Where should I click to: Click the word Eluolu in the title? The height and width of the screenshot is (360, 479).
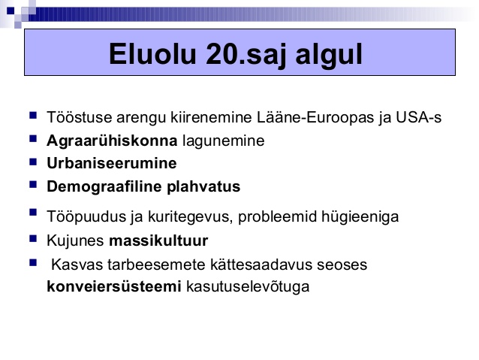152,54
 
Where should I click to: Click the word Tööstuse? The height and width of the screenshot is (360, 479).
80,117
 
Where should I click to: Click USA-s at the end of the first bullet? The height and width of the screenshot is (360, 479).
418,117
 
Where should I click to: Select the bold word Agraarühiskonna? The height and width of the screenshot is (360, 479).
112,141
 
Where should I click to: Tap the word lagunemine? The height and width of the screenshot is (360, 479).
223,141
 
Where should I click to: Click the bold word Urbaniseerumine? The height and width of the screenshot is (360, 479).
112,163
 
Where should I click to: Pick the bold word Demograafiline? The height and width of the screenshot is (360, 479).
104,187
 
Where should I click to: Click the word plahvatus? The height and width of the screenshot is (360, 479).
203,187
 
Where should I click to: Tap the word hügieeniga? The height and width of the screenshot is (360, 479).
360,217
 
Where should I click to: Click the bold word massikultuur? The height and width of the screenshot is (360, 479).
158,241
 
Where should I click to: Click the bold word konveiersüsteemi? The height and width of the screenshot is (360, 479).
114,286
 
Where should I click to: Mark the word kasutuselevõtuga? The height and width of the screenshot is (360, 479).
248,287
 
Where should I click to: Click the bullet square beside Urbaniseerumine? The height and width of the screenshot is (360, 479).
33,162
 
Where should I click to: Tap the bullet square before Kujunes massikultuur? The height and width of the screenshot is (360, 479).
33,238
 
